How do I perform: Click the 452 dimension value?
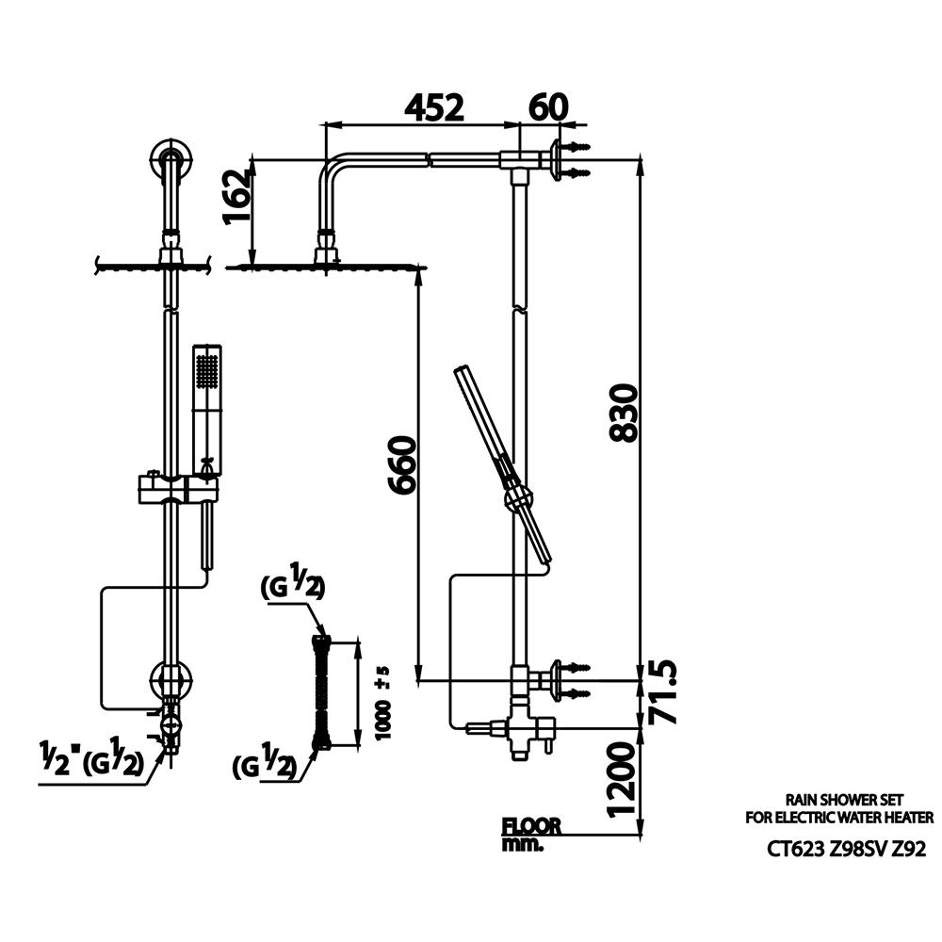tap(433, 108)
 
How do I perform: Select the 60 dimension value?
tap(548, 107)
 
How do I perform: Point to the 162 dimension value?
tap(235, 197)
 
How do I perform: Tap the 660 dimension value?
tap(400, 465)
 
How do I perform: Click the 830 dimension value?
tap(623, 414)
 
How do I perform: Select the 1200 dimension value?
tap(621, 779)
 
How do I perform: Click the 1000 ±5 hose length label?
tap(382, 703)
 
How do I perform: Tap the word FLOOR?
tap(531, 826)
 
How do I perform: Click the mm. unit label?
tap(522, 844)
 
